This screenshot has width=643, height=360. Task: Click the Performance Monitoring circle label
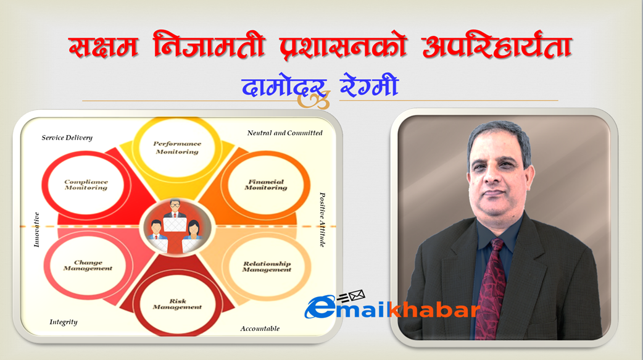pos(177,148)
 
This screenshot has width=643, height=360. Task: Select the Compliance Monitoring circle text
pos(86,185)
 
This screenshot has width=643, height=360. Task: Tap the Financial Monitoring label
pos(266,185)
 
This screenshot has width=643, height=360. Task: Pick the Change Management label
pos(88,265)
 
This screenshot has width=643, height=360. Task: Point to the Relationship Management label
pos(267,266)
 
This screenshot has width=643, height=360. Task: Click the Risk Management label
pos(177,304)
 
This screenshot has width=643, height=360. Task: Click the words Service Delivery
pos(67,138)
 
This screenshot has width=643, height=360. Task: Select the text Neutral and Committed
pos(284,133)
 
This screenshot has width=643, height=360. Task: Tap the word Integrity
pos(63,322)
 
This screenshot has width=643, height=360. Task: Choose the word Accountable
pos(260,329)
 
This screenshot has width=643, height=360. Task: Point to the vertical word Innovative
pos(36,230)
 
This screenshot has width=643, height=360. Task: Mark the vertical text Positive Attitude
pos(322,220)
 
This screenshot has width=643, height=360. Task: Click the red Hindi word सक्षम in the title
pos(103,46)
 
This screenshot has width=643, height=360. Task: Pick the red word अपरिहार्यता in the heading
pos(497,45)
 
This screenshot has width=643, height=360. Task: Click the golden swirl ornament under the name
pos(313,99)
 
